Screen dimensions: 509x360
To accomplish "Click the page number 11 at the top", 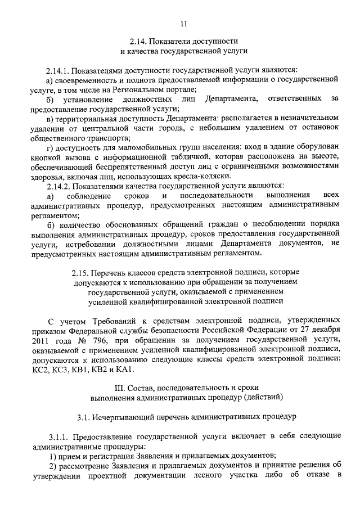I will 180,23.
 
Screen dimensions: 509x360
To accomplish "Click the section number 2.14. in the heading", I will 138,42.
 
